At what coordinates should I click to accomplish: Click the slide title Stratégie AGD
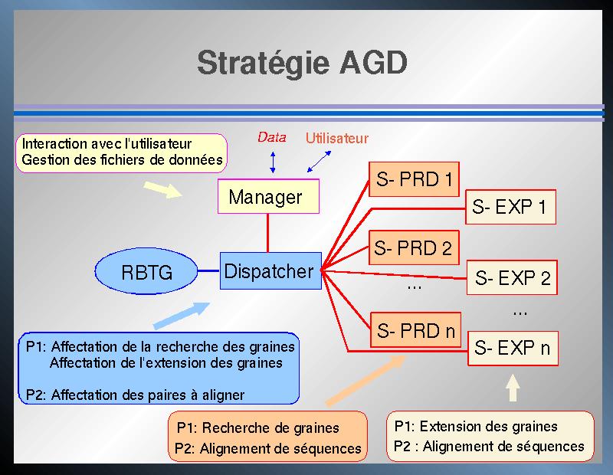coord(302,64)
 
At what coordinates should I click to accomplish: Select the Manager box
coord(269,196)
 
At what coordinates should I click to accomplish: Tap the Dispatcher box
coord(270,271)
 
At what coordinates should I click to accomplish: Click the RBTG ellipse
coord(146,271)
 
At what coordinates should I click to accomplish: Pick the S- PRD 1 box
coord(414,179)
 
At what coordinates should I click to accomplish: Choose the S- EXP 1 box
coord(510,207)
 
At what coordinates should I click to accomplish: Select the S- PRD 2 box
coord(414,248)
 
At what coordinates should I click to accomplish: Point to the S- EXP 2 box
coord(512,277)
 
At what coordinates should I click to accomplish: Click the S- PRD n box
coord(415,330)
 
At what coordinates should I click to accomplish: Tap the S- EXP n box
coord(513,349)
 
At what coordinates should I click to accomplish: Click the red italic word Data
coord(272,137)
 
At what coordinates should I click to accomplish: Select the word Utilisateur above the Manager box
coord(337,138)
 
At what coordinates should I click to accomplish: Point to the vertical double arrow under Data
coord(273,162)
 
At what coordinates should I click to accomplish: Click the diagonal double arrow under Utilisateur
coord(319,162)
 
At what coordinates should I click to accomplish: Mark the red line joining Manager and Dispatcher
coord(267,233)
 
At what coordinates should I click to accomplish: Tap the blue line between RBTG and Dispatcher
coord(208,270)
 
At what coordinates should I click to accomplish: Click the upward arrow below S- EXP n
coord(513,388)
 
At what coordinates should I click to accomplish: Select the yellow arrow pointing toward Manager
coord(163,189)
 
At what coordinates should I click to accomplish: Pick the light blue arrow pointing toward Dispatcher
coord(182,315)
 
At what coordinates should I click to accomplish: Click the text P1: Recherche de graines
coord(257,428)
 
